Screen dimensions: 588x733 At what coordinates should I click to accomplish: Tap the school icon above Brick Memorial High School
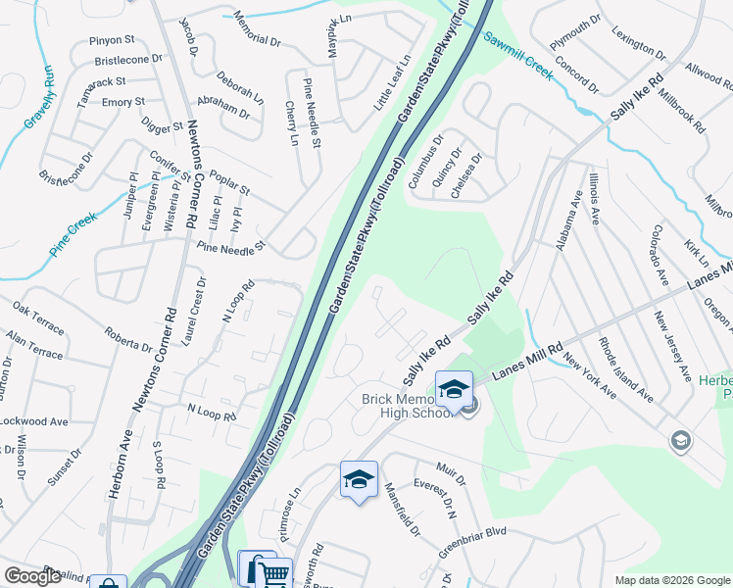(x=454, y=389)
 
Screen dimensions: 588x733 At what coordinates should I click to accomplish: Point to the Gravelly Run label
(x=36, y=99)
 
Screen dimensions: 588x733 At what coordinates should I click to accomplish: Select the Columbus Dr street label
(x=425, y=161)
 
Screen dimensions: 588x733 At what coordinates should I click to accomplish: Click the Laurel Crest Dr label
(x=194, y=312)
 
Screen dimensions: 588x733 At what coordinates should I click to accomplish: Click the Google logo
(x=32, y=576)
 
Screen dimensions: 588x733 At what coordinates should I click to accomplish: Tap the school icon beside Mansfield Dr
(x=359, y=480)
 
